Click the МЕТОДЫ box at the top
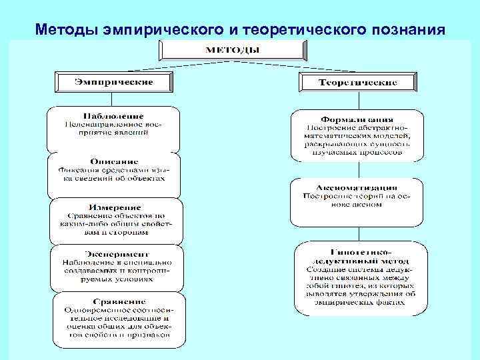[233, 50]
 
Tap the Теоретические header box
[358, 83]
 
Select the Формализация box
[357, 135]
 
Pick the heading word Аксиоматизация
[357, 188]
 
